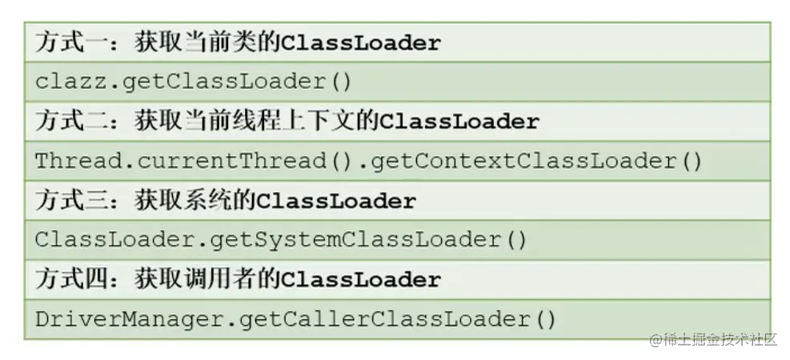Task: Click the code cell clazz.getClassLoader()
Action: (193, 82)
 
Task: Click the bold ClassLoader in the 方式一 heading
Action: (360, 42)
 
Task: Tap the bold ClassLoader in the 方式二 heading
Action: (459, 122)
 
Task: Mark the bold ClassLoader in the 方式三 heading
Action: (335, 201)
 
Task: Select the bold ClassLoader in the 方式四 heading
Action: (360, 280)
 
